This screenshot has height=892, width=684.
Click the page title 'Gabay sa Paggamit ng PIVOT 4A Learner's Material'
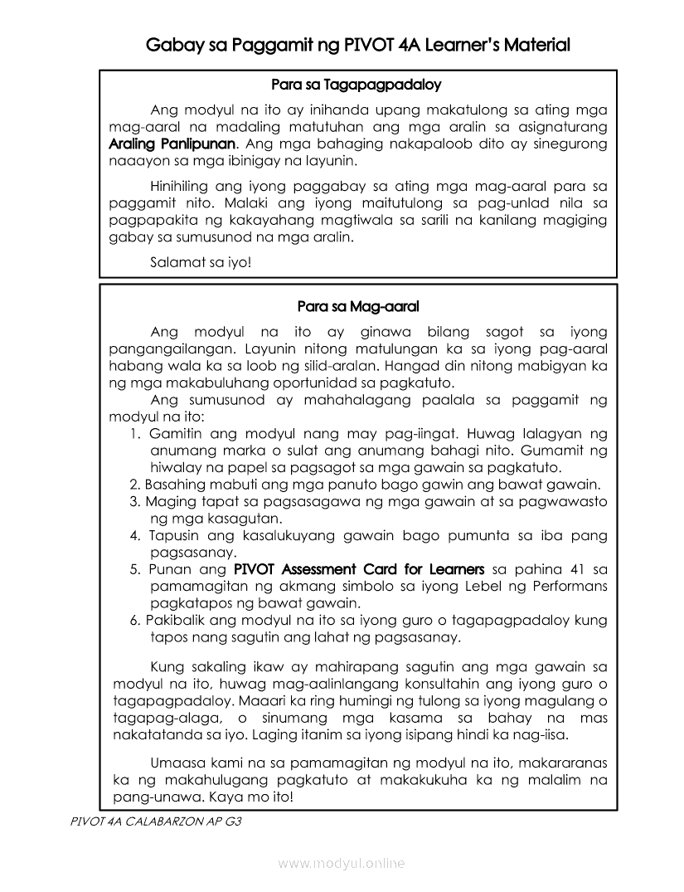[x=357, y=45]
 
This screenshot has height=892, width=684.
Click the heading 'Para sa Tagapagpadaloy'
[x=357, y=85]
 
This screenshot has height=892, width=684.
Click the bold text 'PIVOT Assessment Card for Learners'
[x=359, y=569]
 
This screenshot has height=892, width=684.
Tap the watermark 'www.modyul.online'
[x=342, y=864]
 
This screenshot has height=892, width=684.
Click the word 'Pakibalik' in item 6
[x=174, y=620]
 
